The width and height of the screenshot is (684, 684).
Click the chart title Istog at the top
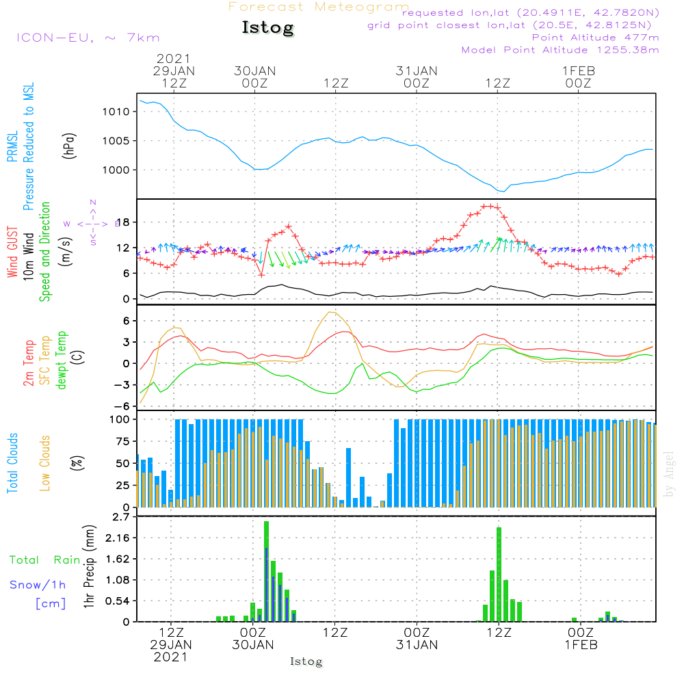(x=267, y=28)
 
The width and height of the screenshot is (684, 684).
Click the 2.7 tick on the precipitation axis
(x=120, y=516)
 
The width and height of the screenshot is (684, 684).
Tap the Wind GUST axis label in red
(x=12, y=252)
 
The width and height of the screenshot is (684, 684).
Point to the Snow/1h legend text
(x=38, y=585)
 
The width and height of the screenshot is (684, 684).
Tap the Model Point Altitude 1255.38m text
(x=560, y=50)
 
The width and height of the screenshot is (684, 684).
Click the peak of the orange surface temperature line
(x=331, y=312)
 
